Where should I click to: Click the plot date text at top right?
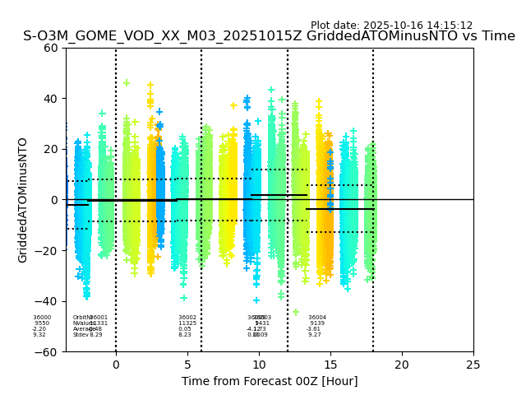click(x=391, y=26)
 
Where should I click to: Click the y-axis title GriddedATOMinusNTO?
click(x=23, y=200)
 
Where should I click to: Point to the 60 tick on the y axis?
click(x=51, y=48)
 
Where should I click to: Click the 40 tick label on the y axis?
click(x=51, y=99)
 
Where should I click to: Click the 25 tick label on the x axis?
click(x=473, y=365)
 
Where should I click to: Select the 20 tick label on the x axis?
click(x=402, y=365)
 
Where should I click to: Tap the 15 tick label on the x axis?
click(x=330, y=365)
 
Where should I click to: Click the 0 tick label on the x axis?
click(x=116, y=365)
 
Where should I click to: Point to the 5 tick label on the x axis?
click(x=187, y=365)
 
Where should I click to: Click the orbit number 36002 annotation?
click(x=187, y=318)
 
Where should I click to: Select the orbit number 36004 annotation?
click(x=317, y=318)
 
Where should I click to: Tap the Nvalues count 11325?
click(x=187, y=323)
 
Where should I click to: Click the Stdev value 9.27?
click(x=315, y=335)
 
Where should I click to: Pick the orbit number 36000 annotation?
click(x=42, y=318)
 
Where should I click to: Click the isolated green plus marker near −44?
click(x=296, y=312)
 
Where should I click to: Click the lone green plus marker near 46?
click(x=127, y=83)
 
